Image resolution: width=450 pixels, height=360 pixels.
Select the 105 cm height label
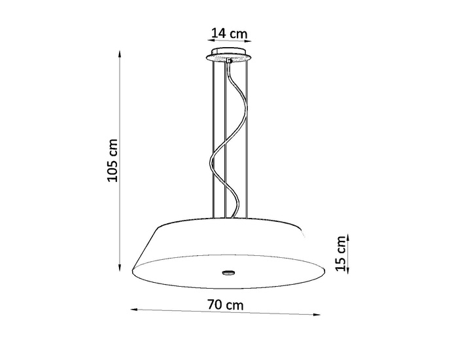(x=112, y=160)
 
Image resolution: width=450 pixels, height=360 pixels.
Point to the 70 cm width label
(x=225, y=304)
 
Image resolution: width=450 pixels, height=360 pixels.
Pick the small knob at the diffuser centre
(x=227, y=272)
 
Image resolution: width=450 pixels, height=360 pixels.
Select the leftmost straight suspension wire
(x=216, y=137)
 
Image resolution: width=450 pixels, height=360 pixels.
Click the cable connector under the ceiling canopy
(x=230, y=61)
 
